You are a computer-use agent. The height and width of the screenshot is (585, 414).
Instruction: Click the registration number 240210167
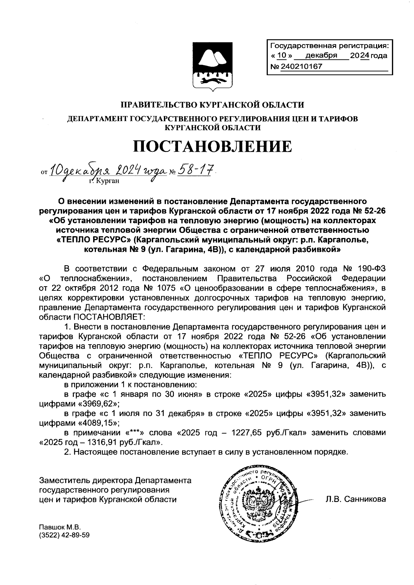coord(301,66)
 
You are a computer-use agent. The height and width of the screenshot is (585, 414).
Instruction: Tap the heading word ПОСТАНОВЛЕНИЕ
coord(213,147)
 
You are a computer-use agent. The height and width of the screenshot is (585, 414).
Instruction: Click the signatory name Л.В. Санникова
coord(355,499)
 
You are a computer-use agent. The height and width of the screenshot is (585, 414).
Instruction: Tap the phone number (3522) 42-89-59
coord(65,535)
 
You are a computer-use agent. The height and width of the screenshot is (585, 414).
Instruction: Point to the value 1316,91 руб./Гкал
coord(126,442)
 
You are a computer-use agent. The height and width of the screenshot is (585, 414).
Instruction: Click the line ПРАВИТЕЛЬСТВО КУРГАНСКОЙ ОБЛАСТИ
coord(212,105)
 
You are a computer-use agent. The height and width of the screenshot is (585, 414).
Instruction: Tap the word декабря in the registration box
coord(323,56)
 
